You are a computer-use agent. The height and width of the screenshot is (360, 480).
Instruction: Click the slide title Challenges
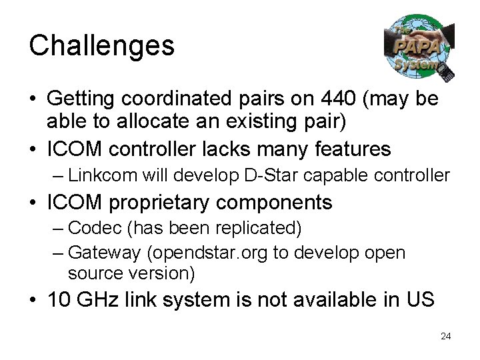(101, 46)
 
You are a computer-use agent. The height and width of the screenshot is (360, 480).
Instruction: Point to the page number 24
(445, 336)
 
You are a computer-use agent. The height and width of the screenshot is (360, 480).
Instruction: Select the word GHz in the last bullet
(99, 299)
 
